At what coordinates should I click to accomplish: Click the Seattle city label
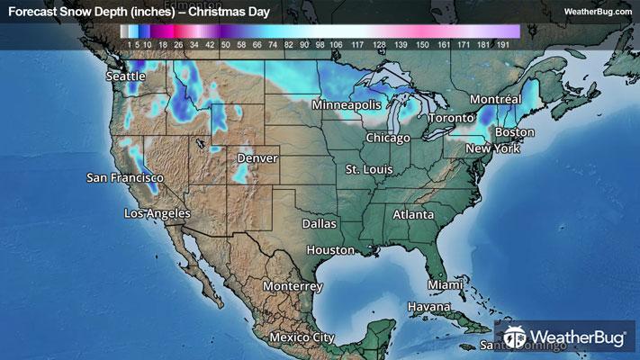pyautogui.click(x=125, y=76)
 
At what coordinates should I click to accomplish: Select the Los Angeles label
pyautogui.click(x=157, y=213)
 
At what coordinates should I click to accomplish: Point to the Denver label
pyautogui.click(x=257, y=158)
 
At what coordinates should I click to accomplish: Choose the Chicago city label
pyautogui.click(x=388, y=138)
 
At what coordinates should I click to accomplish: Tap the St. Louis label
pyautogui.click(x=373, y=169)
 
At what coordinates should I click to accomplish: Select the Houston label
pyautogui.click(x=330, y=249)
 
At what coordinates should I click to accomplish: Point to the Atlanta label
pyautogui.click(x=413, y=215)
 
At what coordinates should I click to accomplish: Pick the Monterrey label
pyautogui.click(x=293, y=286)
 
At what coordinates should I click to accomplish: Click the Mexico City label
pyautogui.click(x=302, y=337)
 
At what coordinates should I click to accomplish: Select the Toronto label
pyautogui.click(x=450, y=119)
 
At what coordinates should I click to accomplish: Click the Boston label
pyautogui.click(x=515, y=132)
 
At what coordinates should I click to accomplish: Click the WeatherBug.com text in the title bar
pyautogui.click(x=598, y=12)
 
